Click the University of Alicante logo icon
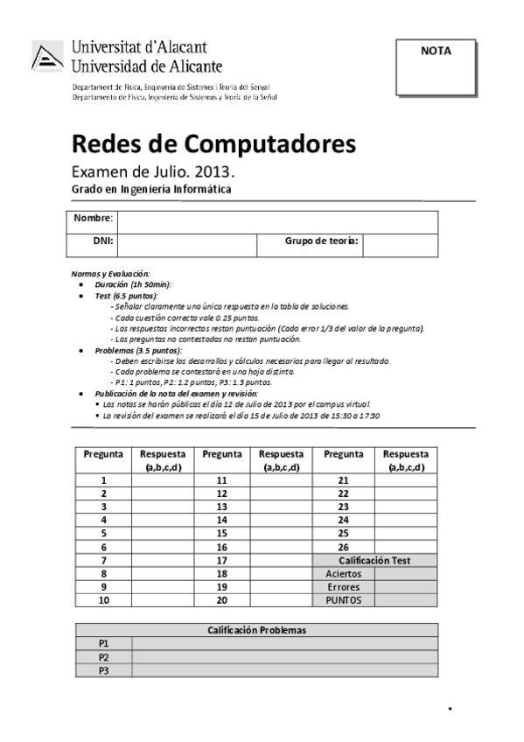(47, 57)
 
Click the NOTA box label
(436, 51)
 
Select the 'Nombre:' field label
(93, 218)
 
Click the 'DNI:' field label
(104, 241)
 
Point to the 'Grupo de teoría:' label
(321, 241)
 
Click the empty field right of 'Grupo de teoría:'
(400, 243)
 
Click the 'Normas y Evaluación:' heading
(111, 274)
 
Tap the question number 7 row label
(104, 560)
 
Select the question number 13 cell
(221, 507)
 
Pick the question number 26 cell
(343, 547)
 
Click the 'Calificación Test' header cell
(374, 560)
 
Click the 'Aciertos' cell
(343, 574)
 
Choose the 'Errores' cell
(343, 587)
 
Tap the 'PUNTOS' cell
(343, 600)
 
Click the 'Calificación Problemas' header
(256, 630)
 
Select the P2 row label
(104, 657)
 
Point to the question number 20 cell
(221, 600)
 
